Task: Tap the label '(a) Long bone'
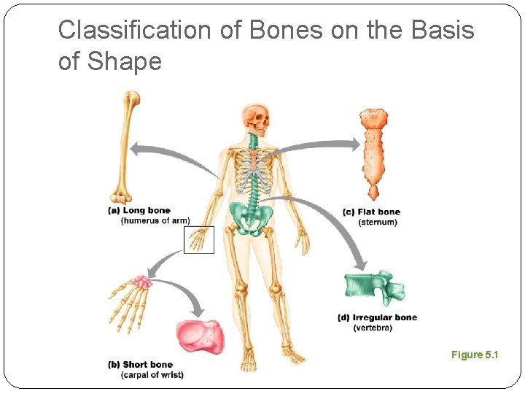139,211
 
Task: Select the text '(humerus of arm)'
155,220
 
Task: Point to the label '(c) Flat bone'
371,212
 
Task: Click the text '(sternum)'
378,222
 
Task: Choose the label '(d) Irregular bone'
378,318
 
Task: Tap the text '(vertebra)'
373,328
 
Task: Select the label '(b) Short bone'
140,365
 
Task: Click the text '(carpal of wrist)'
152,375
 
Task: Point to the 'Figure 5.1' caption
475,355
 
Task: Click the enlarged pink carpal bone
200,337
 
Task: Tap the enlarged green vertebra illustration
373,287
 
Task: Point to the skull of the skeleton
256,117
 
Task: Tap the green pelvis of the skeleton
250,217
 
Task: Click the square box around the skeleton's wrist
199,239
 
